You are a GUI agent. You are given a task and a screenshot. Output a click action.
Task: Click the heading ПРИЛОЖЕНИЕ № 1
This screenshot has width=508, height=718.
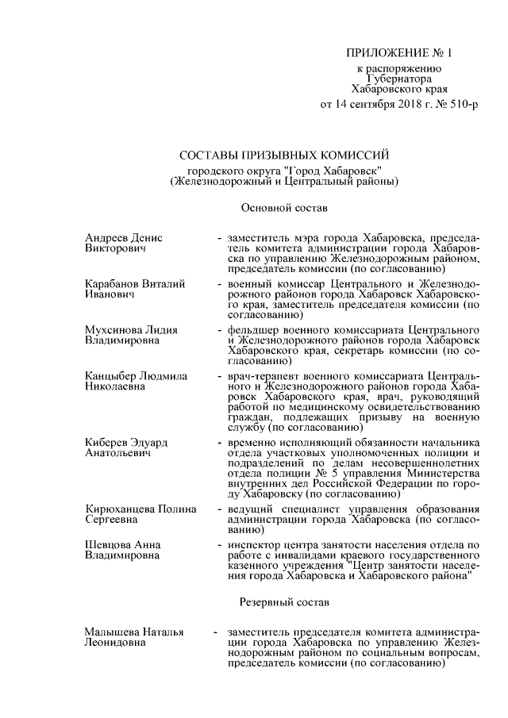coord(398,54)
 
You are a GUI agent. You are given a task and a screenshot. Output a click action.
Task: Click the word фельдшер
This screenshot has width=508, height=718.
coord(253,328)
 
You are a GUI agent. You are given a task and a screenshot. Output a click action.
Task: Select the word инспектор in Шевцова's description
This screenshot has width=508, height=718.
coord(255,545)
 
